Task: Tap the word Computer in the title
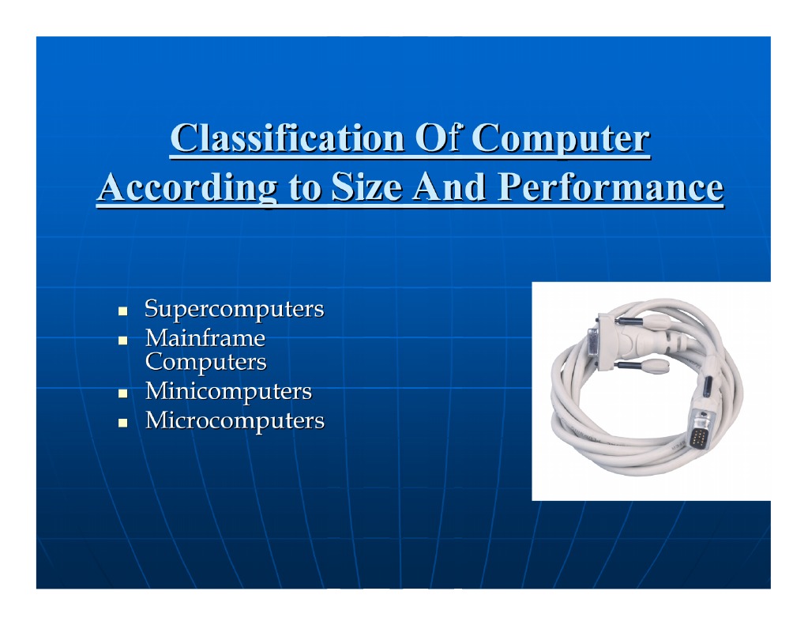point(560,140)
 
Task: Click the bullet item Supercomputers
point(234,309)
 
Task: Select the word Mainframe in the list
point(205,339)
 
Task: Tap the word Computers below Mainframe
point(205,362)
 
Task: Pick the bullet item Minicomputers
point(228,391)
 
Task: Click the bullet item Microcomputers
point(235,420)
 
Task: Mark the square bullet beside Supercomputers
point(123,311)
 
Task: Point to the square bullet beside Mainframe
point(123,341)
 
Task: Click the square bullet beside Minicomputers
point(123,393)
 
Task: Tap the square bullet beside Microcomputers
point(123,422)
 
